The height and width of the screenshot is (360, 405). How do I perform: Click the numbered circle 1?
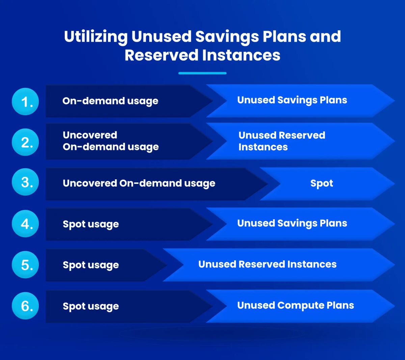[x=25, y=101]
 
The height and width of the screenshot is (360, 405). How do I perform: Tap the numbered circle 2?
[x=25, y=142]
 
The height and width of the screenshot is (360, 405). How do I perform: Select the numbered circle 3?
[x=25, y=182]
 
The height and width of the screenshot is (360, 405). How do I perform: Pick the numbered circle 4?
[x=25, y=224]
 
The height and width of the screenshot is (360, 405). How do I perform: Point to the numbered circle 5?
[x=25, y=265]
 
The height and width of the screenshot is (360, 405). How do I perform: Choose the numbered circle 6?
[x=25, y=306]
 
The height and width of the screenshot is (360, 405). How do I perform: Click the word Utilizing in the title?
[x=96, y=37]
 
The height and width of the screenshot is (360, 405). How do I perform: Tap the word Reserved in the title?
[x=162, y=55]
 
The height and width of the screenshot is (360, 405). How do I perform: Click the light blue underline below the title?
[x=202, y=73]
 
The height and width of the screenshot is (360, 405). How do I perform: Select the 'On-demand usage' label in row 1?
[x=110, y=101]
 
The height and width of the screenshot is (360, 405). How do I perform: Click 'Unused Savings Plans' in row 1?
[x=292, y=100]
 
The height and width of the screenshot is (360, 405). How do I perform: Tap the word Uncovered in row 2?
[x=90, y=135]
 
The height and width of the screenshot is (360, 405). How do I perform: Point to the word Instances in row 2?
[x=263, y=147]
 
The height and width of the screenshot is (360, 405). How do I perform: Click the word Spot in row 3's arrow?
[x=322, y=183]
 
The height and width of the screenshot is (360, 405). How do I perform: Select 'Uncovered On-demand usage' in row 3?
[x=139, y=183]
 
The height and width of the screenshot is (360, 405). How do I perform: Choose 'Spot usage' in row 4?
[x=91, y=224]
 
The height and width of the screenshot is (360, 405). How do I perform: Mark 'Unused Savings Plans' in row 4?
[x=292, y=224]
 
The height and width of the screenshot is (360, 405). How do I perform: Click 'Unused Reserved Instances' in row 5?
[x=267, y=264]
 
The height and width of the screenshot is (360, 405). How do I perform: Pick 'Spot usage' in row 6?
[x=91, y=306]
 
